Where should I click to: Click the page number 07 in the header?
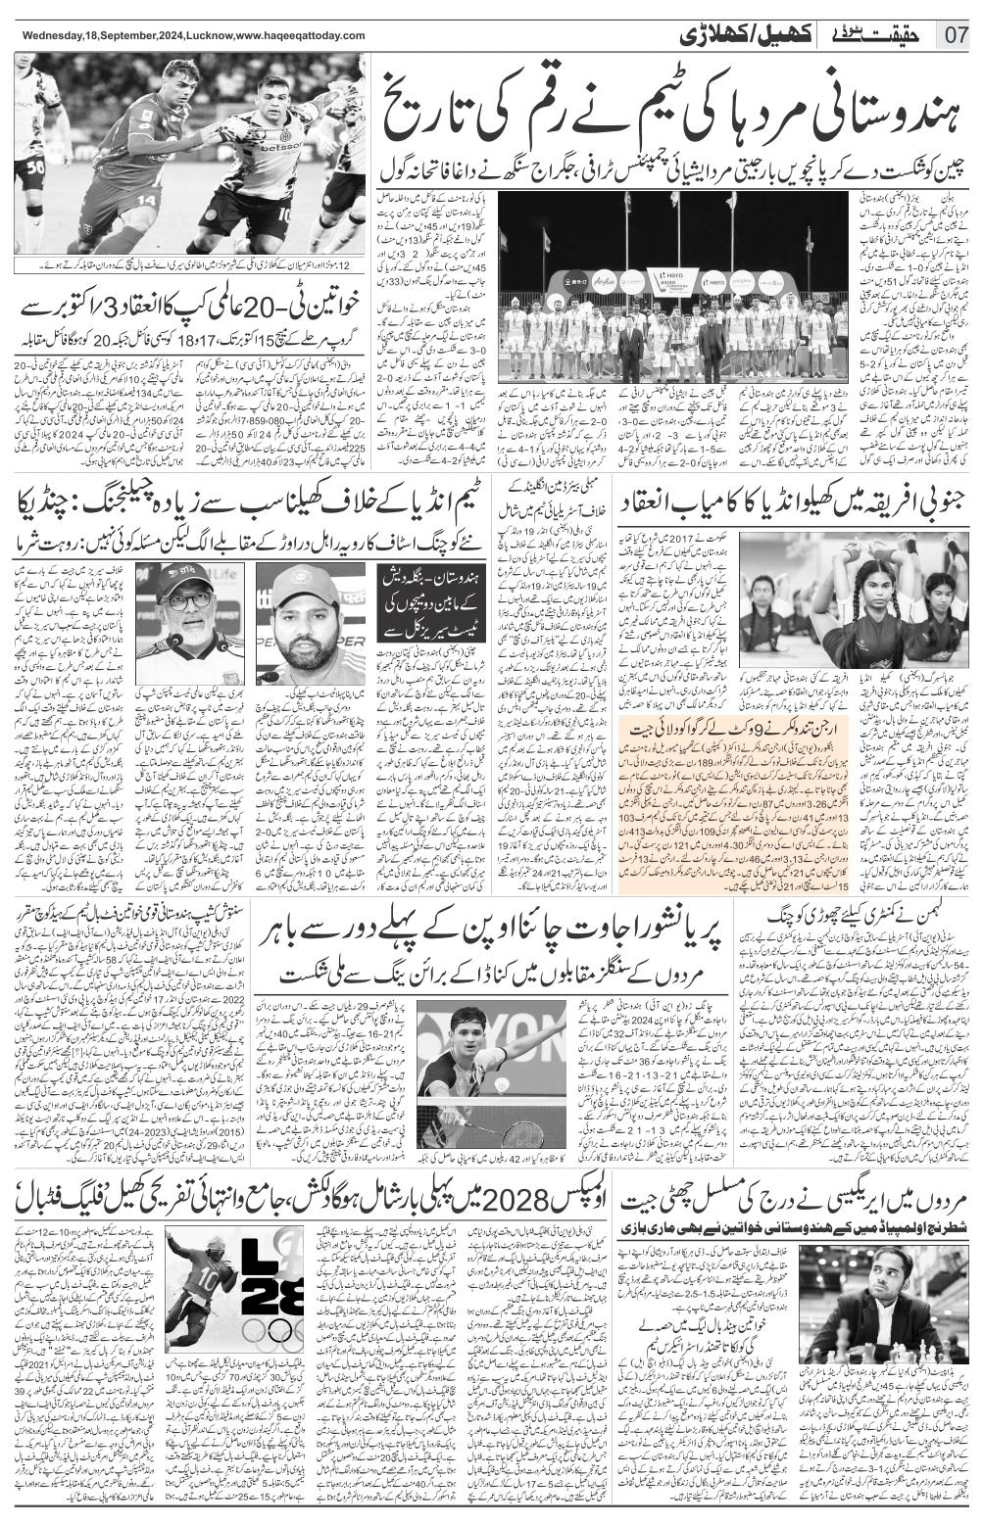tap(956, 36)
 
